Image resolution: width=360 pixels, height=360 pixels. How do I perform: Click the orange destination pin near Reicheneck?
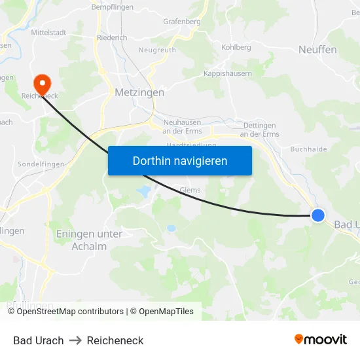pos(43,83)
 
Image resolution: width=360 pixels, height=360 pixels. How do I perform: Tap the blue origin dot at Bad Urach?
pos(317,215)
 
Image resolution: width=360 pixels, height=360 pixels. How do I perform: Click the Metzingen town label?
pos(139,93)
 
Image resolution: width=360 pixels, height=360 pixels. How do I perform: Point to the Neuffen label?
pos(317,50)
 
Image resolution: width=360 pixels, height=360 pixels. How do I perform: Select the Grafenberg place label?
pos(181,22)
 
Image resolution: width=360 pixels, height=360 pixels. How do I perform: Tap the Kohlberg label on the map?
pos(236,48)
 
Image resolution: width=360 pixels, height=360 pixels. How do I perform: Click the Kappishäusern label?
pos(227,74)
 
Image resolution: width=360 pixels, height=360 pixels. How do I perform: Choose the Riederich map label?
pos(111,38)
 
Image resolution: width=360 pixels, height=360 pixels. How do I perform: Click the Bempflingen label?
pos(112,7)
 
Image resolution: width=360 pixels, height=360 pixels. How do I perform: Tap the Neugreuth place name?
pos(157,50)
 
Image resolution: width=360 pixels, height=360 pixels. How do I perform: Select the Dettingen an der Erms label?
pos(259,130)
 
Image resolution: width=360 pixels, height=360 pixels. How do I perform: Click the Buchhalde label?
pos(308,149)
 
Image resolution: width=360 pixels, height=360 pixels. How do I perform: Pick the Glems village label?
pos(190,190)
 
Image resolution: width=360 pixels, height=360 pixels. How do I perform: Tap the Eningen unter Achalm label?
pos(89,240)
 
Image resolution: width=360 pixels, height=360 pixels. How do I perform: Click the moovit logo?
pos(320,340)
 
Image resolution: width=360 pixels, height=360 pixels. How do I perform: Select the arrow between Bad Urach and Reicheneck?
pos(75,340)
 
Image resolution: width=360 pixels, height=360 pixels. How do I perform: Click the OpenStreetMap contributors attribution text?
pos(70,312)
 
